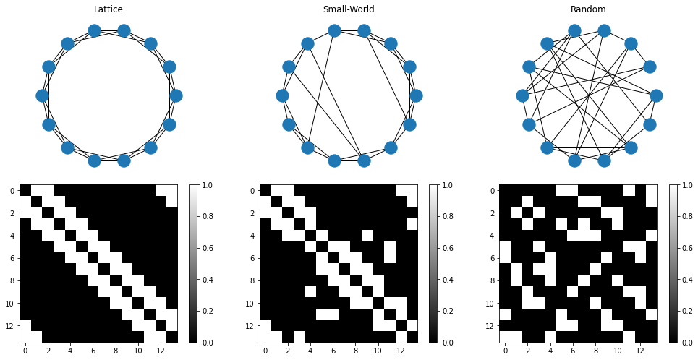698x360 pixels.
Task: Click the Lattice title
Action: point(108,9)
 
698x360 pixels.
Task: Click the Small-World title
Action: point(349,9)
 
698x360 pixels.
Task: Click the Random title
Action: point(588,9)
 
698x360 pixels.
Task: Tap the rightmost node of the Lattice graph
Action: point(176,95)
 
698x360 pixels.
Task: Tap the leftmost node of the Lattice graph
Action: point(42,95)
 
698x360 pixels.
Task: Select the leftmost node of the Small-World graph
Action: point(282,95)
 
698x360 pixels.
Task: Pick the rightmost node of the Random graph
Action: point(656,95)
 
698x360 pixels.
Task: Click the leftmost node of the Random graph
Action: point(522,95)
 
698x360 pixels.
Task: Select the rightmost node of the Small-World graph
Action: point(416,95)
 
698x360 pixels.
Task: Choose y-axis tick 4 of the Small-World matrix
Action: point(252,236)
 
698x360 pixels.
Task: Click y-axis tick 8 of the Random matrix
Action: point(493,280)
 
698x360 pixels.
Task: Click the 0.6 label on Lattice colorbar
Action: point(211,248)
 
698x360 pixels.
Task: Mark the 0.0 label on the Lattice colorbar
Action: point(211,343)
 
